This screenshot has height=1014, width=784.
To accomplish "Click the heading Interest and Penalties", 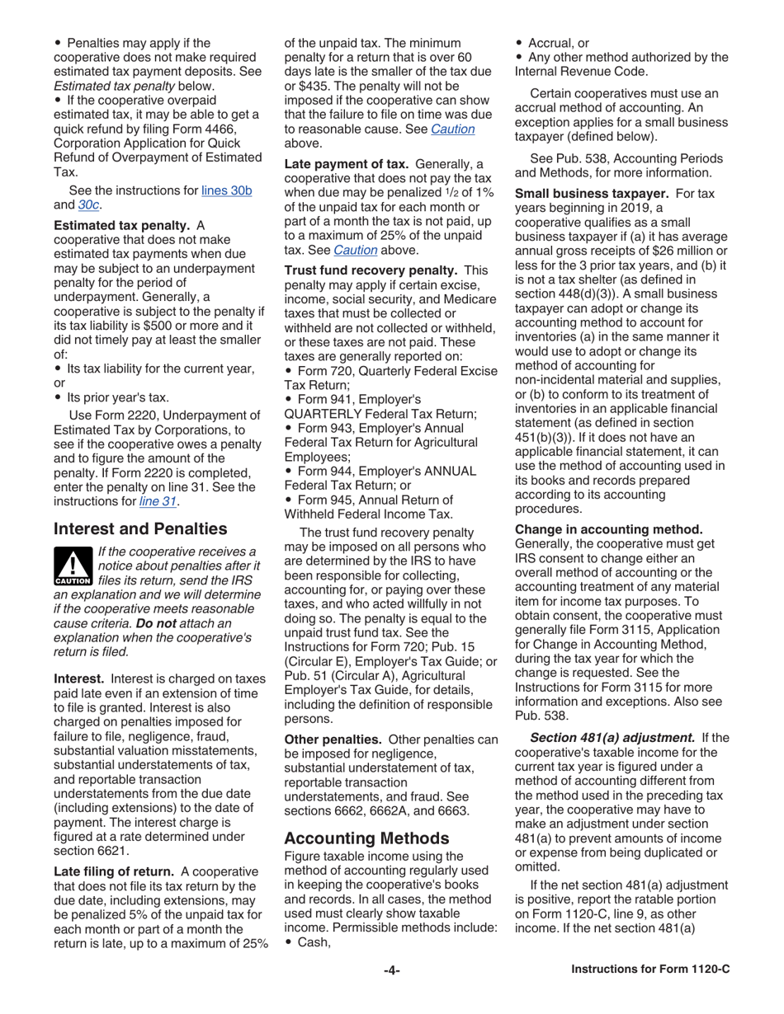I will [140, 528].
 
